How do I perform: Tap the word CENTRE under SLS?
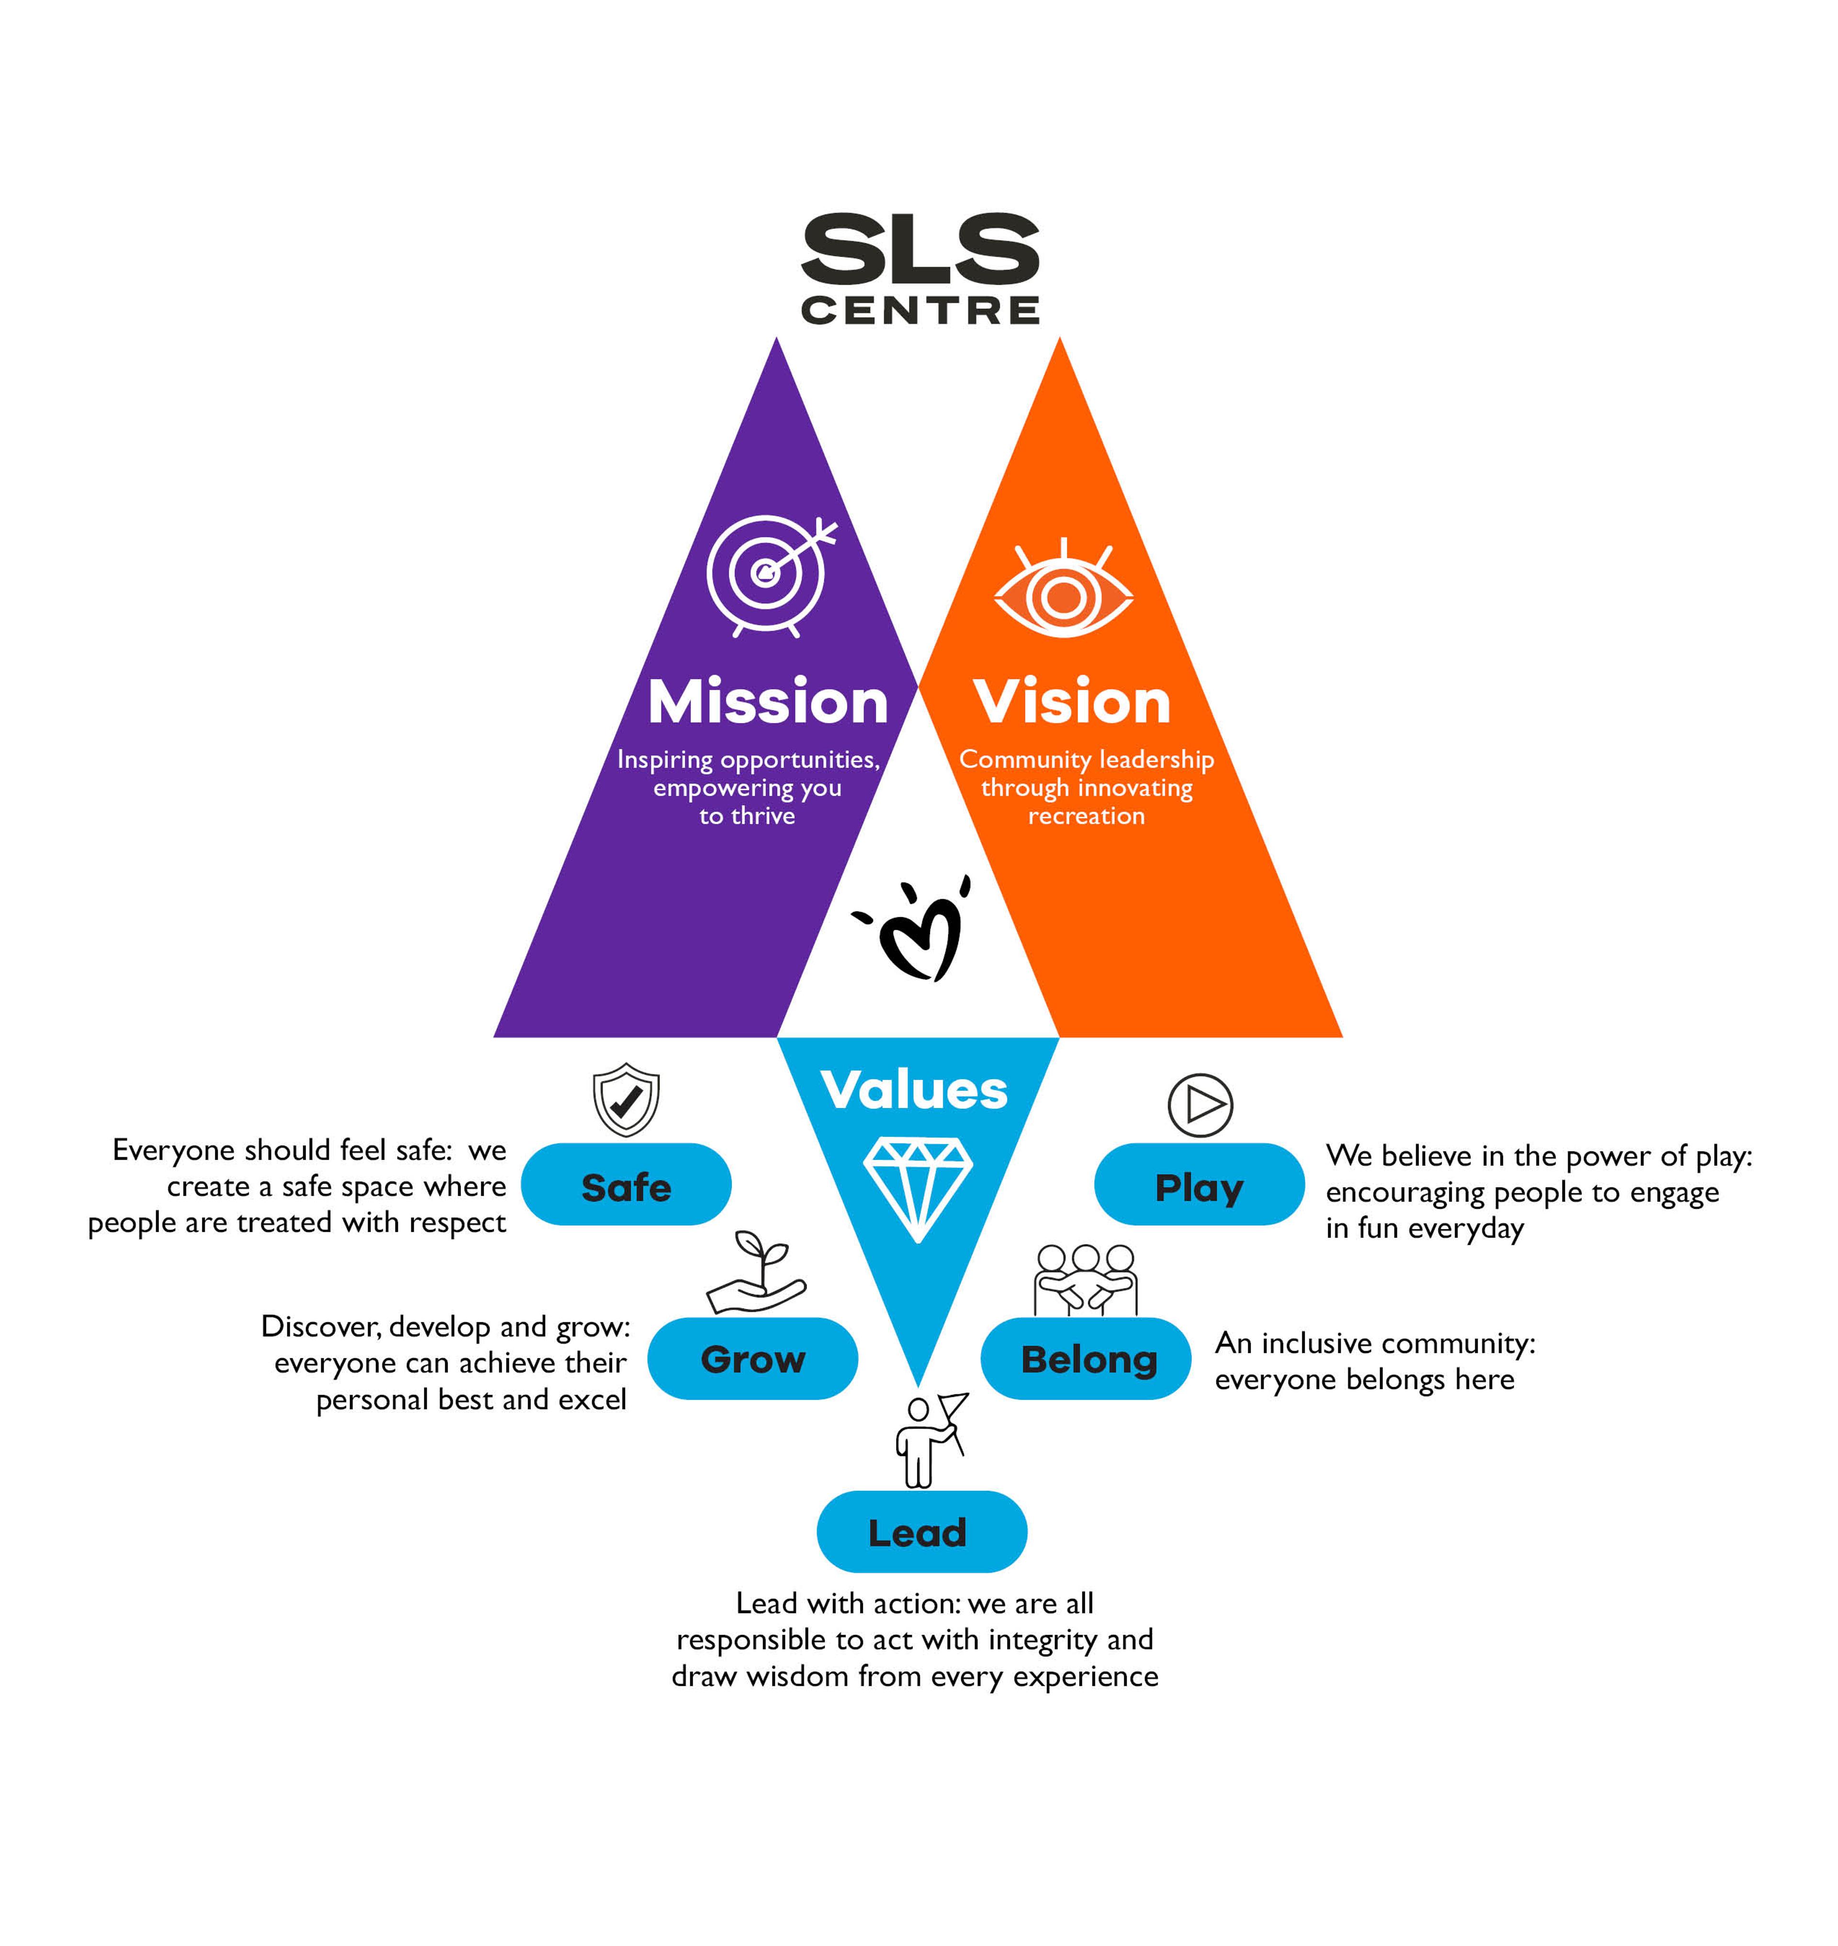[920, 311]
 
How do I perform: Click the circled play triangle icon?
[1200, 1105]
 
